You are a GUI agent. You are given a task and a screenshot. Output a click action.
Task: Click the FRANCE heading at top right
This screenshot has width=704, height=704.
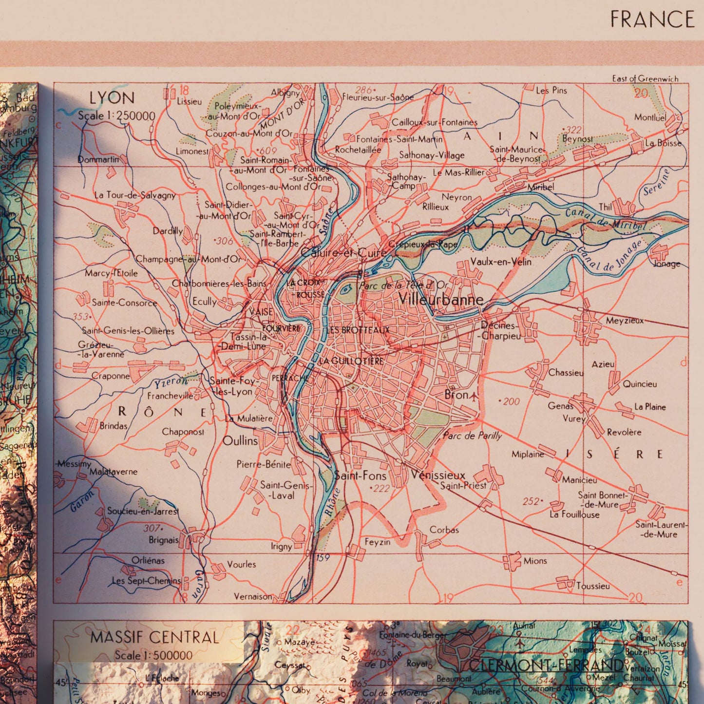tap(652, 19)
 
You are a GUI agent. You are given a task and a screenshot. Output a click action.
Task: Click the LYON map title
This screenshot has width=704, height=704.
tap(112, 98)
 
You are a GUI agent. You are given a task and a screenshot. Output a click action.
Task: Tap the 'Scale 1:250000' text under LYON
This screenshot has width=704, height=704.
tap(116, 116)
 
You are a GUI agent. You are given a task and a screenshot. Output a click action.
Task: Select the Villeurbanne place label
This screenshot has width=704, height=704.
tap(441, 299)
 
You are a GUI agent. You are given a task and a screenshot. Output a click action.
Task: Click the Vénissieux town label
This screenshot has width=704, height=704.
tap(438, 475)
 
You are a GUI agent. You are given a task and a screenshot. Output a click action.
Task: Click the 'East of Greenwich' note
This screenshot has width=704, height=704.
tap(645, 78)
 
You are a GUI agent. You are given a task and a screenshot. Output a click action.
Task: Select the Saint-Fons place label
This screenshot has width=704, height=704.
tap(360, 476)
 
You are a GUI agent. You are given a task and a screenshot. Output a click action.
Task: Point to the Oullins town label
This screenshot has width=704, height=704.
tap(240, 441)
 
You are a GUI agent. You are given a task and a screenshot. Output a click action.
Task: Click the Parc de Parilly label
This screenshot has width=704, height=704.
tap(472, 436)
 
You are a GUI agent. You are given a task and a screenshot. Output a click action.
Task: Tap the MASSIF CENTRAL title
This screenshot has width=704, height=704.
tap(154, 637)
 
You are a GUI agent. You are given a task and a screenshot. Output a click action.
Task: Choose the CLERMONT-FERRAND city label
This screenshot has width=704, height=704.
tap(546, 665)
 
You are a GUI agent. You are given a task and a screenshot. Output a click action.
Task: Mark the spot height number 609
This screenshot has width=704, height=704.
tap(267, 151)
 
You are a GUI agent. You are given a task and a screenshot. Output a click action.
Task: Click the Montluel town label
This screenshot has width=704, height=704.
tap(650, 117)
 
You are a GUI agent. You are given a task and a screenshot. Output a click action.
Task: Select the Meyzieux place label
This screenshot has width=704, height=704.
tap(625, 321)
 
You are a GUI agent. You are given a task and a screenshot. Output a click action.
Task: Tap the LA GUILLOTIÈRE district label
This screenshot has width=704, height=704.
tap(351, 361)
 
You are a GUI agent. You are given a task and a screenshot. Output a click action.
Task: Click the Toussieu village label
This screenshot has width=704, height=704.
tap(592, 586)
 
